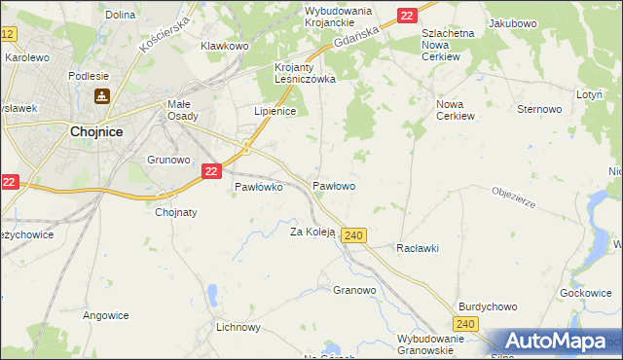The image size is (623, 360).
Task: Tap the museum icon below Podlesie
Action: pos(101,96)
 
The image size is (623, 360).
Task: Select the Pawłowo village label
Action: pos(333,185)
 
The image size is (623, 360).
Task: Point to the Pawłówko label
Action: pos(258,188)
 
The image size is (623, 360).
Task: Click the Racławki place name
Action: pos(418,248)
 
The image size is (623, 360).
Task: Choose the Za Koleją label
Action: pos(312,232)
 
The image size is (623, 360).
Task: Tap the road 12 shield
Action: pos(8,34)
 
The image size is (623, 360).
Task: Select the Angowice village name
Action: pos(106,315)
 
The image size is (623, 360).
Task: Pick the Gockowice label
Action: pos(586,293)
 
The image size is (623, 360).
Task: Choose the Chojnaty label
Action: pos(176,213)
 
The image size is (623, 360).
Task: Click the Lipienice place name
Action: pos(275,112)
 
